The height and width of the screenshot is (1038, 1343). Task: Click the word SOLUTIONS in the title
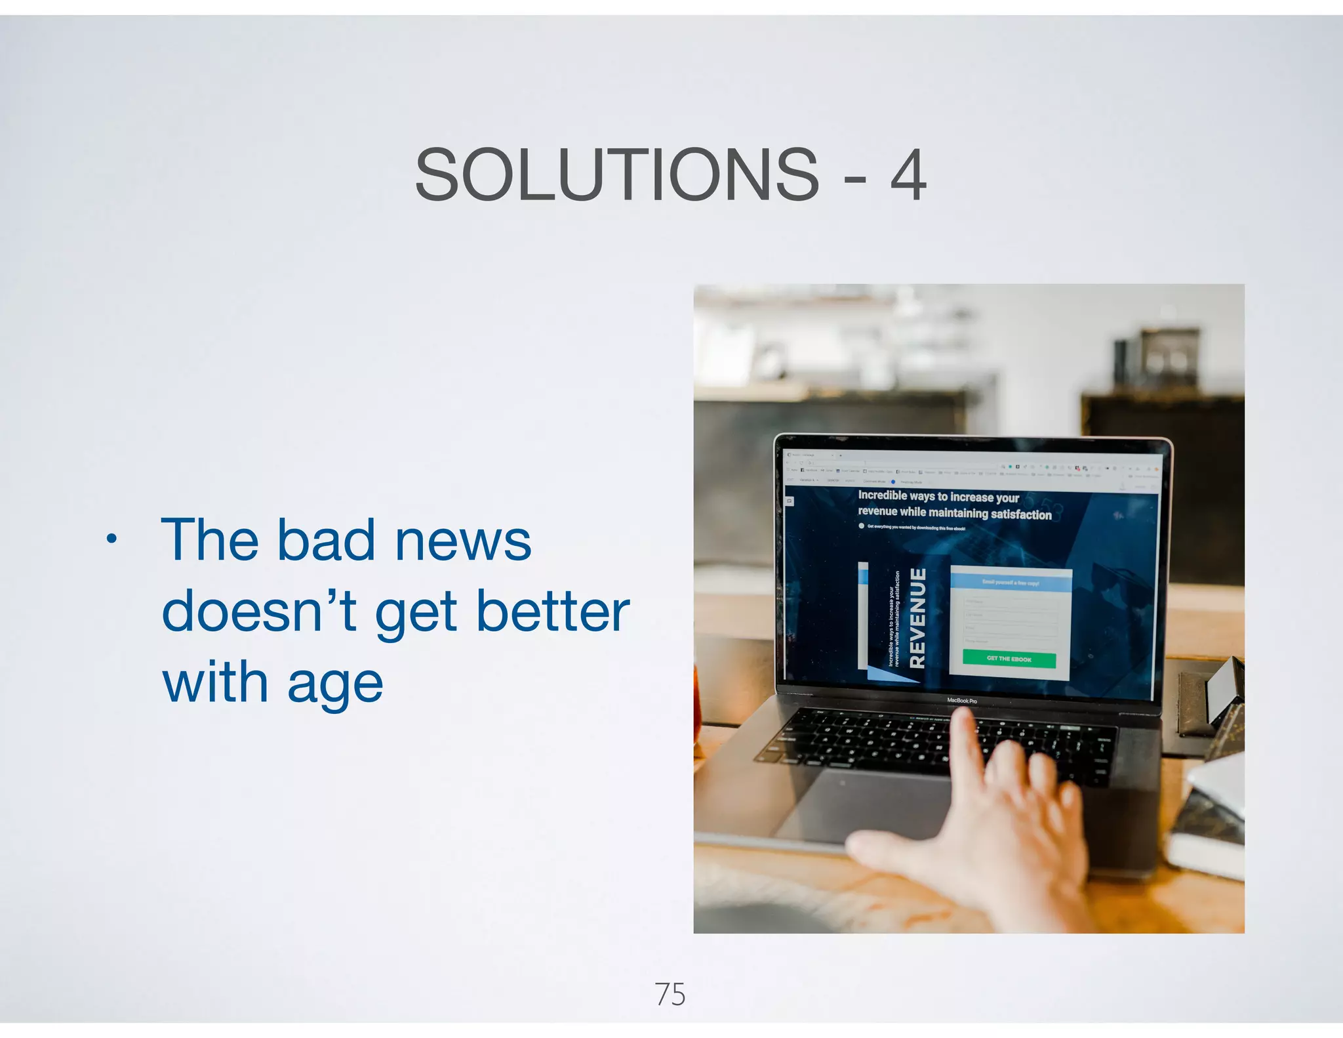pyautogui.click(x=616, y=176)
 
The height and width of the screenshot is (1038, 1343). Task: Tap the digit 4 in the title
pyautogui.click(x=908, y=176)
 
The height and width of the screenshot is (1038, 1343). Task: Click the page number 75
pyautogui.click(x=670, y=995)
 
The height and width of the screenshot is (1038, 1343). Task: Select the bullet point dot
pyautogui.click(x=112, y=539)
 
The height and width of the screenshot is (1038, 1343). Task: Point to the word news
pyautogui.click(x=463, y=542)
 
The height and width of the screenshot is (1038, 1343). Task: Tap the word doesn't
pyautogui.click(x=258, y=612)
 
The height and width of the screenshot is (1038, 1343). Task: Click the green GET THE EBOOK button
pyautogui.click(x=1009, y=659)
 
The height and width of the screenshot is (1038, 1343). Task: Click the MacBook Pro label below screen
pyautogui.click(x=961, y=701)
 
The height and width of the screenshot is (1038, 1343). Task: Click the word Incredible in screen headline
pyautogui.click(x=882, y=495)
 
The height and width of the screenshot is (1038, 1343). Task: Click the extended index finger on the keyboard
pyautogui.click(x=964, y=732)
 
